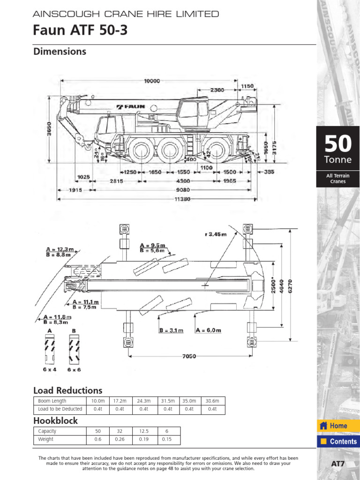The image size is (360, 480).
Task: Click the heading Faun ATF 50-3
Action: (80, 31)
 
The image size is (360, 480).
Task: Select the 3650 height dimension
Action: (50, 129)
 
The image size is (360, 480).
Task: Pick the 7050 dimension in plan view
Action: (188, 356)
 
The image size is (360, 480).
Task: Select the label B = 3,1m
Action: (171, 330)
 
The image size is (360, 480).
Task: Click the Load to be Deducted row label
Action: (60, 409)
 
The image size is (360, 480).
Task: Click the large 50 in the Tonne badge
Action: (338, 143)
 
